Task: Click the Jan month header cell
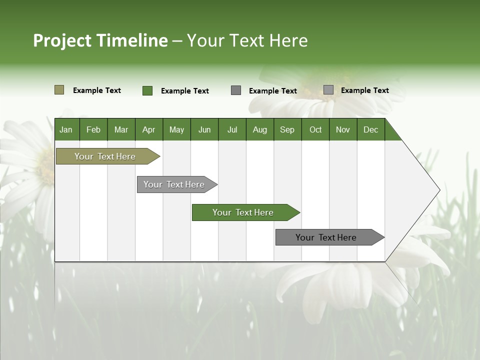point(66,129)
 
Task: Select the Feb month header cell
point(93,129)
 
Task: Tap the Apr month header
point(149,129)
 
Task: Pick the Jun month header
point(204,129)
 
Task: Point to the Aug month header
point(260,129)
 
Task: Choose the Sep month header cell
point(287,129)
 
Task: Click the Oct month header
point(315,129)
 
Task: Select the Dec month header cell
point(371,129)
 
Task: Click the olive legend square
point(59,90)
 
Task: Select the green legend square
point(147,90)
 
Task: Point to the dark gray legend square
point(236,90)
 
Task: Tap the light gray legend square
point(328,90)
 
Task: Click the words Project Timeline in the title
point(100,40)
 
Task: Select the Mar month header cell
point(121,129)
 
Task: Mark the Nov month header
point(343,129)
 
